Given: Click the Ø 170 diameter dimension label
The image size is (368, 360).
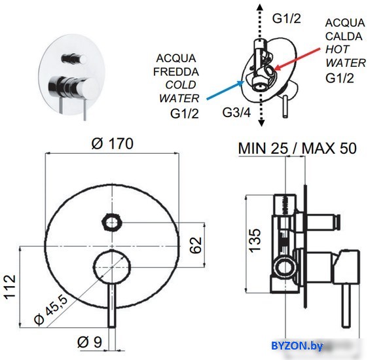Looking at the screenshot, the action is [x=113, y=143].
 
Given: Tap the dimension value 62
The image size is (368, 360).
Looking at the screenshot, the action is [x=196, y=245].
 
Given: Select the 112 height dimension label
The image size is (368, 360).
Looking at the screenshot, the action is [x=10, y=287].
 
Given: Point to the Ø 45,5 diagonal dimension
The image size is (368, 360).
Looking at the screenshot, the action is [x=50, y=310].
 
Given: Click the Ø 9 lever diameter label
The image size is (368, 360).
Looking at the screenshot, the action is [x=90, y=342].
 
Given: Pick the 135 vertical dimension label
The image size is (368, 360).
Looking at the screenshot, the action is [x=255, y=241].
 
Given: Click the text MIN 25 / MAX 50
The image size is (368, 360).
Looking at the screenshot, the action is [x=297, y=148].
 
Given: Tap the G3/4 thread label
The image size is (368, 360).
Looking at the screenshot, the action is [x=236, y=113].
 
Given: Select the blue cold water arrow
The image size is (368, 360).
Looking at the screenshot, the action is [x=225, y=90].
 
